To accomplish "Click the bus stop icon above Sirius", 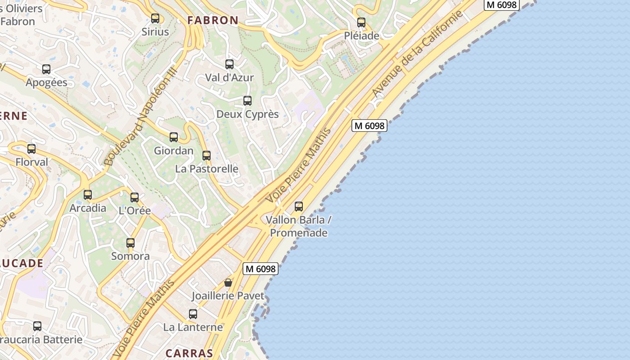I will point(155,18).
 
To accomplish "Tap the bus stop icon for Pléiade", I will point(361,22).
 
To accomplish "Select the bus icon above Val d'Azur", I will point(229,64).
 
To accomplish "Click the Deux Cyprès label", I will point(247,114).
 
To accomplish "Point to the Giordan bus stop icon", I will point(174,137).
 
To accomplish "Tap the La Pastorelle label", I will point(207,169).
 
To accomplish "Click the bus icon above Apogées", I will point(46,69).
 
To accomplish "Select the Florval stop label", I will point(31,162).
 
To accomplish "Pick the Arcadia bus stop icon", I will point(88,195).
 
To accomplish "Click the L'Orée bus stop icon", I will point(135,198).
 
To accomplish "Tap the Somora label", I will point(130,256).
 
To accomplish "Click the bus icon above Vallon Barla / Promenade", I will point(299,207).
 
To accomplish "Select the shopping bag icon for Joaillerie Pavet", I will point(228,283).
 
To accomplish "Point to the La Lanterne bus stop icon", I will point(193,314).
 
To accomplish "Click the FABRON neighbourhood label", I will point(213,20).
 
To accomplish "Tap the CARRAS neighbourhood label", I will point(189,353).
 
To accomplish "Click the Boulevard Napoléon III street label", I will point(140,116).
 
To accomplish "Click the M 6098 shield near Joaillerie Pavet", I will point(261,269).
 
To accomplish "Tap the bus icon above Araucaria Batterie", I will point(37,326).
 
